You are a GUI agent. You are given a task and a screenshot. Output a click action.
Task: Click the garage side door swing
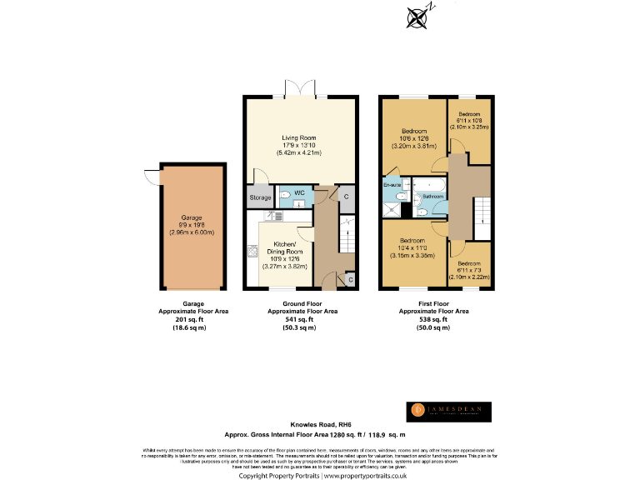(x=151, y=176)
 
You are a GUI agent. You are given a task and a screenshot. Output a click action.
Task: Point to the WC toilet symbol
(x=285, y=196)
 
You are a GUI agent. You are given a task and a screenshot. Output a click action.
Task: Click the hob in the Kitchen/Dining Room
(x=252, y=251)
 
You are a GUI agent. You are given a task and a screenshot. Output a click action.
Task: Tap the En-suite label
(x=392, y=183)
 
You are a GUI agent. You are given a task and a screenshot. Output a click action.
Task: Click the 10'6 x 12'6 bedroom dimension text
(x=414, y=138)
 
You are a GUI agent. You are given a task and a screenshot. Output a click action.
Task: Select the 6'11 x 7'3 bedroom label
(x=468, y=271)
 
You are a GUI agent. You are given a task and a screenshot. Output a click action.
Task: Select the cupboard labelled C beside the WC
(x=346, y=196)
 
